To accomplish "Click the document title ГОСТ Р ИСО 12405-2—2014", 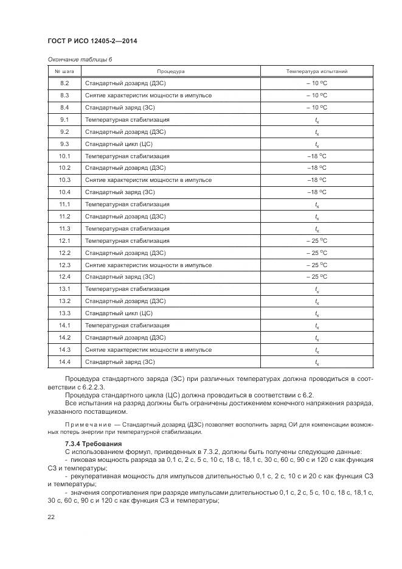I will (92, 41).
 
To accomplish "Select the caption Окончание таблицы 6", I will (80, 60).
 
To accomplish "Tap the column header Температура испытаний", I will (316, 71).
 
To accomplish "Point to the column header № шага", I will (64, 71).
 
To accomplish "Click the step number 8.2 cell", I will (64, 83).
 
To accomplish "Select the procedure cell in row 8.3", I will (148, 96).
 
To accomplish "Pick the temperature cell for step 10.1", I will (316, 156).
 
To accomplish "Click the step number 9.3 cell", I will (64, 144).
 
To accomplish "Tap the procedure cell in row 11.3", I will (127, 228).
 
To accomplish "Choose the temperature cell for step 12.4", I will (316, 277).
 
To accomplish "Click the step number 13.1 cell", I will (64, 289).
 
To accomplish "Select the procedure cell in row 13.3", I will (119, 313).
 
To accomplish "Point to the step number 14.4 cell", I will (64, 361).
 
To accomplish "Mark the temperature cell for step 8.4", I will (316, 108).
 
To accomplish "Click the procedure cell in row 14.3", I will (148, 349).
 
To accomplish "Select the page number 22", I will (51, 518).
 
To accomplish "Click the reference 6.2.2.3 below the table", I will (94, 387).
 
